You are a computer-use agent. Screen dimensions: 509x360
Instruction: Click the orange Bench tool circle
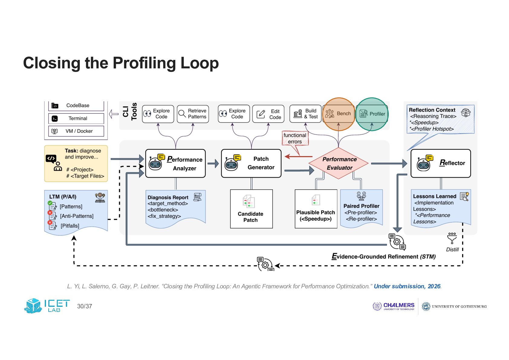(339, 114)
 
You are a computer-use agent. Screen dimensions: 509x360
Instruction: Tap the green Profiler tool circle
(372, 114)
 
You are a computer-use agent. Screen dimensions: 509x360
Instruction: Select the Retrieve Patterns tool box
(193, 114)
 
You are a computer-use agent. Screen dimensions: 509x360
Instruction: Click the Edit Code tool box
(268, 114)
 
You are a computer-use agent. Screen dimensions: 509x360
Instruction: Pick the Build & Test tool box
(306, 114)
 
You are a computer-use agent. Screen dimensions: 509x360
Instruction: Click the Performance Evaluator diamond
(338, 163)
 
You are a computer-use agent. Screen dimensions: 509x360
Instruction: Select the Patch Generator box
(251, 163)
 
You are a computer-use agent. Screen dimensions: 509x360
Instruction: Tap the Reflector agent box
(441, 163)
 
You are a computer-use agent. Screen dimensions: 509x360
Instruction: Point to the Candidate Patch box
(251, 209)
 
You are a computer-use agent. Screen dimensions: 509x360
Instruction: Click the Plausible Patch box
(316, 209)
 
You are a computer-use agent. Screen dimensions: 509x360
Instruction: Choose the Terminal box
(76, 119)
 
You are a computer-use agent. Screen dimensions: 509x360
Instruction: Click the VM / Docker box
(76, 131)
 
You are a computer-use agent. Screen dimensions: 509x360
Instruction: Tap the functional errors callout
(295, 139)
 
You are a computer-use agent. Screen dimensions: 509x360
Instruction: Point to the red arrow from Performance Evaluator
(299, 156)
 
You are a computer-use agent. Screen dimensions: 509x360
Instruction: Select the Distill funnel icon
(452, 238)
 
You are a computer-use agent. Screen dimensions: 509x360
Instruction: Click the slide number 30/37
(85, 306)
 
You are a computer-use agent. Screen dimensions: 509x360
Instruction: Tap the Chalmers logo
(393, 306)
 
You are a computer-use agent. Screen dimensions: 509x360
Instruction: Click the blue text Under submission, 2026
(407, 286)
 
